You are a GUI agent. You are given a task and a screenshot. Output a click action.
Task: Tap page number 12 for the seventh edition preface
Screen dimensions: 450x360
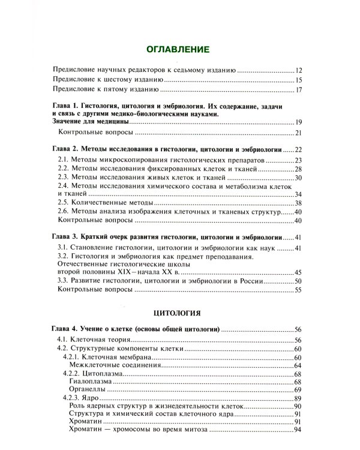click(x=300, y=70)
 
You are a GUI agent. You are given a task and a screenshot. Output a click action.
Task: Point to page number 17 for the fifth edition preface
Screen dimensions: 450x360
click(x=300, y=91)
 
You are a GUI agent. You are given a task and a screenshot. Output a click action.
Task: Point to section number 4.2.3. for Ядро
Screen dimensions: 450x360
click(x=75, y=398)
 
